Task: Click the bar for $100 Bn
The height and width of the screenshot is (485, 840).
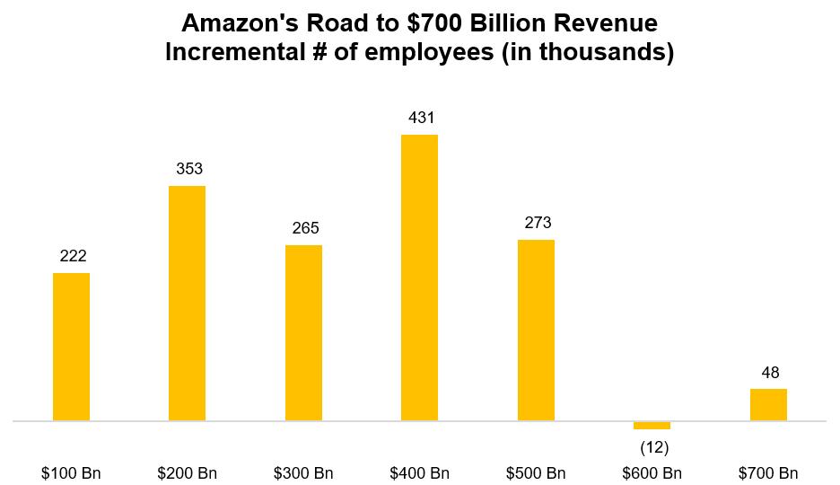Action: [x=71, y=347]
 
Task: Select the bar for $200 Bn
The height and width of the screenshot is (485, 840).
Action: [x=187, y=303]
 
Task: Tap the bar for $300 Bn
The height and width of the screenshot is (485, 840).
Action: [x=303, y=332]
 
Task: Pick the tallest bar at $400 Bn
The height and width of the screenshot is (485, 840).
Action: [x=419, y=278]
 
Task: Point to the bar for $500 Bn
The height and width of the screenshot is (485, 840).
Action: [x=536, y=330]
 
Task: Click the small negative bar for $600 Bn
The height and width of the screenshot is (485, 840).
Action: [x=652, y=425]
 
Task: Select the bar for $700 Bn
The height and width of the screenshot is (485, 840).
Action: [x=768, y=404]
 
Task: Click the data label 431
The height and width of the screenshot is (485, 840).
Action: [x=419, y=118]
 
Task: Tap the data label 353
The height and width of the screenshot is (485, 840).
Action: [x=189, y=169]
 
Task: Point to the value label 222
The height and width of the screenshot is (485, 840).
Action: [x=74, y=256]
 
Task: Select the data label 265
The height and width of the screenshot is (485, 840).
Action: [x=306, y=228]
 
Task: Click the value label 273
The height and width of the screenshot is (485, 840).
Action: [x=538, y=223]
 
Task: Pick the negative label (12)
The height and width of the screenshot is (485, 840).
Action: [x=653, y=447]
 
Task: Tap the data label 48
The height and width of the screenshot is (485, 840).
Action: [x=770, y=373]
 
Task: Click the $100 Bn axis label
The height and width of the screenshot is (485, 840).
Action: [x=72, y=473]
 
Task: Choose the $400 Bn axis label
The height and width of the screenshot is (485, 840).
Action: [x=420, y=473]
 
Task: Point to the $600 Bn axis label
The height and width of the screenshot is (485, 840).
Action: [x=652, y=473]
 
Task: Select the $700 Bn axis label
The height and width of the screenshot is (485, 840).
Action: [x=768, y=473]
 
